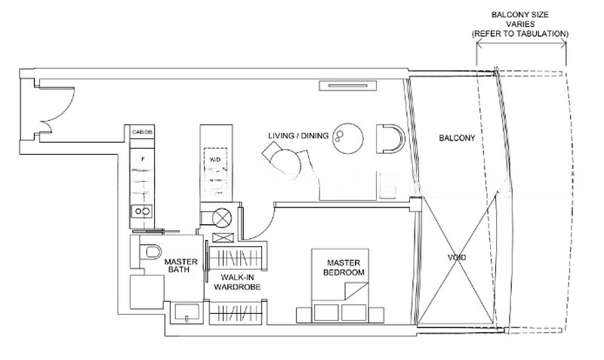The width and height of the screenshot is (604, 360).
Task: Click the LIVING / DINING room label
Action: click(298, 136)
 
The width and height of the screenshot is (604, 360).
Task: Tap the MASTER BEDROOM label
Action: click(344, 268)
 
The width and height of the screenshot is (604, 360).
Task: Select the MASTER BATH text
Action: click(180, 266)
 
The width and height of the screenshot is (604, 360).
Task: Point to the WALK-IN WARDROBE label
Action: click(237, 282)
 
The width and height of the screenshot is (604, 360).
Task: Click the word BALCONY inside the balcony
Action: click(458, 137)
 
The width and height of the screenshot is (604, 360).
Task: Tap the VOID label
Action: click(457, 257)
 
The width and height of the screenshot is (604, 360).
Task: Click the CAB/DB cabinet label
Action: click(142, 131)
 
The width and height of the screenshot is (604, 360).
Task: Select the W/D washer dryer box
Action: click(215, 159)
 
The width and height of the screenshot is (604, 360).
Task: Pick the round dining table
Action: click(348, 139)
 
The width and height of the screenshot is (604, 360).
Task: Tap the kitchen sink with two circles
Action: click(142, 211)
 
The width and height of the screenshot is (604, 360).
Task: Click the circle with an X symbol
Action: click(222, 218)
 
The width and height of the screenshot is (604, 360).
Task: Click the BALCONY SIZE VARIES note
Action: click(520, 24)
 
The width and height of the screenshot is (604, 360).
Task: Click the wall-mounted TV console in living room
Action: click(348, 85)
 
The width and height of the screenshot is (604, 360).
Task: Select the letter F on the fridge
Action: click(143, 158)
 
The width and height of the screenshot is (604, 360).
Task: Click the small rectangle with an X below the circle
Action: click(223, 238)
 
